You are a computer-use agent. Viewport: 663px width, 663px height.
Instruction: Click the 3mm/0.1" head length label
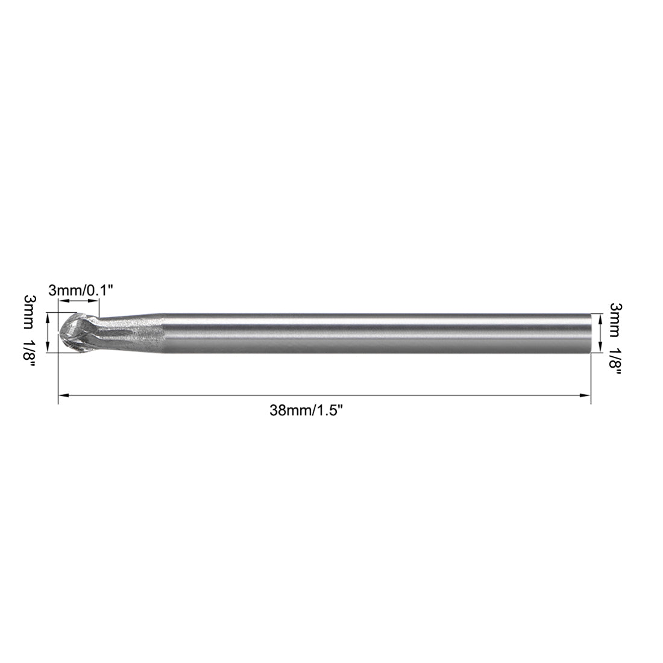[80, 291]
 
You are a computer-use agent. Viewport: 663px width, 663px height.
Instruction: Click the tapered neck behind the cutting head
[130, 332]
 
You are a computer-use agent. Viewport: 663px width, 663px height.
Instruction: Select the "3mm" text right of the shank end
[616, 314]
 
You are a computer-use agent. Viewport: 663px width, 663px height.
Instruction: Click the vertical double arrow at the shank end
[600, 332]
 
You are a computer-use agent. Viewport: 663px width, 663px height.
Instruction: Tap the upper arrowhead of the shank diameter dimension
[600, 318]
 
